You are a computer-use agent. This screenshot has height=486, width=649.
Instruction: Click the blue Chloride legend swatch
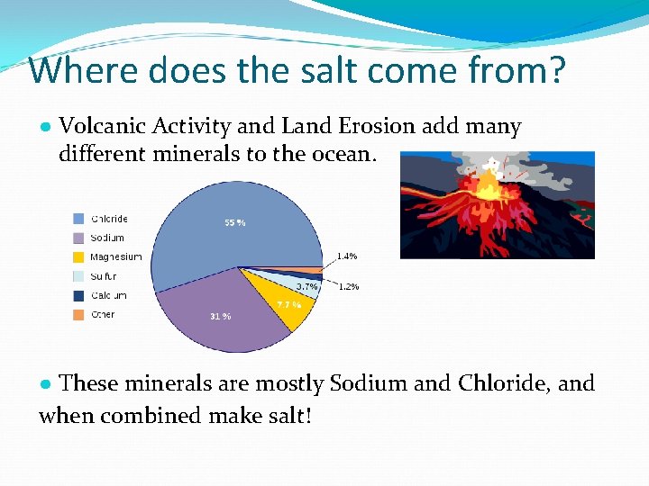click(x=79, y=219)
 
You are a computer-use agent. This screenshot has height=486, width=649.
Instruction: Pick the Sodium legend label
click(x=107, y=238)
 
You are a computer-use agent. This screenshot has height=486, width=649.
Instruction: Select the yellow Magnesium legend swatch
click(x=79, y=257)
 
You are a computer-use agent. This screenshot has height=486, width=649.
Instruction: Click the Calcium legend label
click(x=108, y=295)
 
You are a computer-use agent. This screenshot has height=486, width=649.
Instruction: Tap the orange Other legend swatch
click(x=79, y=315)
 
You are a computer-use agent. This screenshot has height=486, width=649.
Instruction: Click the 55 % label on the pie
click(x=234, y=222)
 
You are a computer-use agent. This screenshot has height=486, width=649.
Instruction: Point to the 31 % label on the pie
click(x=221, y=316)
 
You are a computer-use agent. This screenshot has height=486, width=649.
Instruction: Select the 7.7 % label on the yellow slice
click(x=288, y=305)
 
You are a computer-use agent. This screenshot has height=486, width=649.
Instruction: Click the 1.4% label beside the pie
click(x=347, y=256)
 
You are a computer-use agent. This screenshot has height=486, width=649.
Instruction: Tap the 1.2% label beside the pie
click(x=348, y=287)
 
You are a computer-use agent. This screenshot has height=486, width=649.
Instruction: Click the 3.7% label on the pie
click(x=306, y=287)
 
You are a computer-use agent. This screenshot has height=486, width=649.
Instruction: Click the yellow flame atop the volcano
click(x=491, y=184)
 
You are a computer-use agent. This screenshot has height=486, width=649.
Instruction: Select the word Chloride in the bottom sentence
click(x=504, y=383)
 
